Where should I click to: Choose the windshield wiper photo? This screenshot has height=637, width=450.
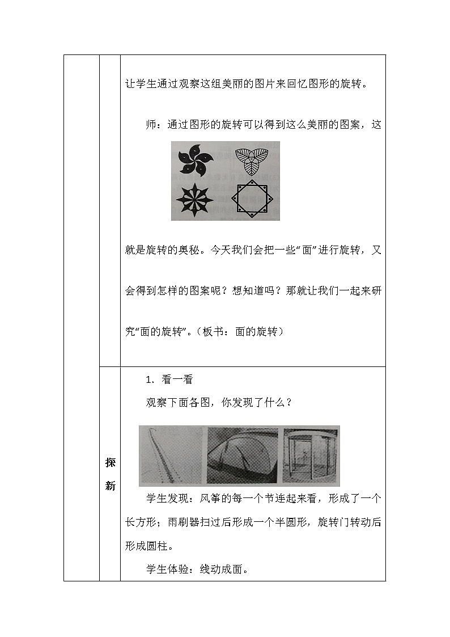coord(243,455)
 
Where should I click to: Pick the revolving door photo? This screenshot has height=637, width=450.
coord(311,455)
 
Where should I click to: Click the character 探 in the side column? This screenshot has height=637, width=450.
coord(110,462)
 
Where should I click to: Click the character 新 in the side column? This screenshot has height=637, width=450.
coord(110,486)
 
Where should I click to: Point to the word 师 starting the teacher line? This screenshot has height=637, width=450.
coord(151,125)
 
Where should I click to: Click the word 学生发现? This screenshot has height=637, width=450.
coord(167,499)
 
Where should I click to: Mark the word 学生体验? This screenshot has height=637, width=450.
coord(167,569)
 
